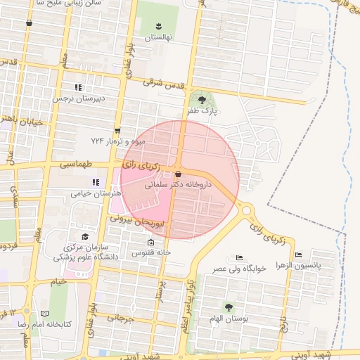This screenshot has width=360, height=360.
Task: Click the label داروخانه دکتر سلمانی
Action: pos(169,186)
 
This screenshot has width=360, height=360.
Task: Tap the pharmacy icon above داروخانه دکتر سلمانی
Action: pos(178,174)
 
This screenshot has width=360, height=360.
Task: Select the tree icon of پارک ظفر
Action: pos(202,100)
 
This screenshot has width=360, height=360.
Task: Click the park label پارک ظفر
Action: pos(204,111)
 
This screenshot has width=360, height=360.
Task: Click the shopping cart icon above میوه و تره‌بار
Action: pos(117,129)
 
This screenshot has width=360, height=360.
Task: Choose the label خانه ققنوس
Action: pos(149,252)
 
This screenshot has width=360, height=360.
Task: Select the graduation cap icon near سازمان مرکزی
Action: pos(85,236)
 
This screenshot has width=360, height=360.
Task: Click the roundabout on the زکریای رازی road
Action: pos(247,210)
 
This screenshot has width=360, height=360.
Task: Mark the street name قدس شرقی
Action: pos(164,84)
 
